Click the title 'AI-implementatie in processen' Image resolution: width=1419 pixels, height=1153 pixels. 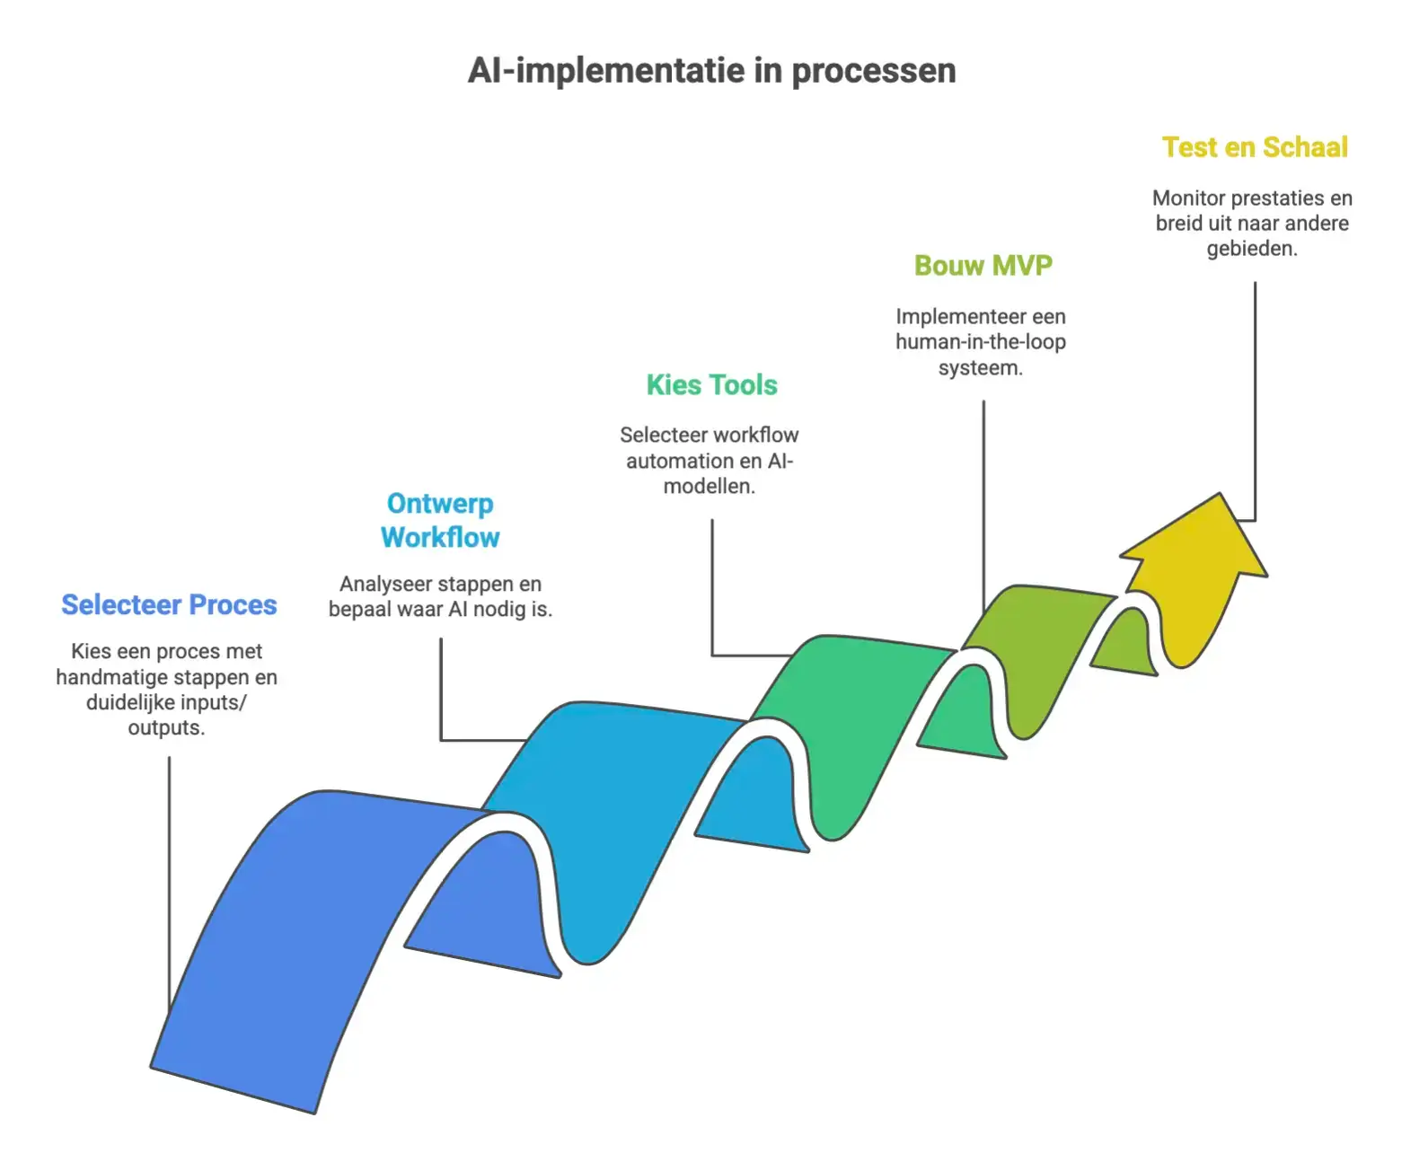711,71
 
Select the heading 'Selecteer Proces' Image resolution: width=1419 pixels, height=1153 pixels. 169,605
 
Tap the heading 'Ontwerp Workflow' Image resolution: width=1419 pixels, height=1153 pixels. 440,520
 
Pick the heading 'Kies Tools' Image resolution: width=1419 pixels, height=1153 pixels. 711,385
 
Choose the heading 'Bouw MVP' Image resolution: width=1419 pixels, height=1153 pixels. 983,266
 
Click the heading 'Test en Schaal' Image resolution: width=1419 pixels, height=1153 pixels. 1255,147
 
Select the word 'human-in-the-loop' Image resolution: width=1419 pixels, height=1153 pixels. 981,342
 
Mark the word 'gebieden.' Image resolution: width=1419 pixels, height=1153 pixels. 1252,249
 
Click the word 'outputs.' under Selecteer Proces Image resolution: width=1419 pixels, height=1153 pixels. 166,727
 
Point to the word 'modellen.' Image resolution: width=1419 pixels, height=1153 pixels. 709,486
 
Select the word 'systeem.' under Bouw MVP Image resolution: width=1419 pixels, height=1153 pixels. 981,367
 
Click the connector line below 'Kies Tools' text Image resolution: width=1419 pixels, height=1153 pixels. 712,584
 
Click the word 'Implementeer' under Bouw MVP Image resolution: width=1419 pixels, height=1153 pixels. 948,317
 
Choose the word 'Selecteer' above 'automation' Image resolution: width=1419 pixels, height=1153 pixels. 660,436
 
